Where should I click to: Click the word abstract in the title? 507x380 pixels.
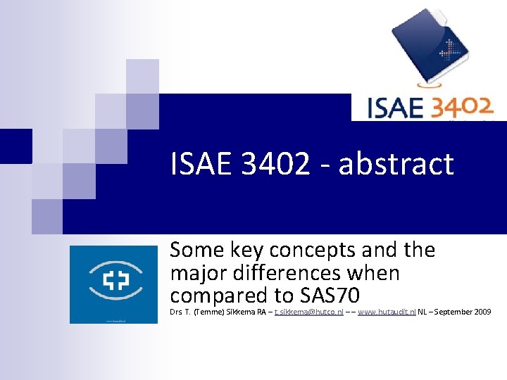tap(396, 165)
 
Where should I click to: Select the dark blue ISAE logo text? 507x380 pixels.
tap(394, 108)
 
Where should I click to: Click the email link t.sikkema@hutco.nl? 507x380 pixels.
tap(308, 311)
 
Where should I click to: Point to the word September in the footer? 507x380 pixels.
tap(450, 311)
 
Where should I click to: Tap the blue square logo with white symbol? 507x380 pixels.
tap(113, 284)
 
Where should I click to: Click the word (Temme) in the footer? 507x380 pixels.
tap(208, 311)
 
